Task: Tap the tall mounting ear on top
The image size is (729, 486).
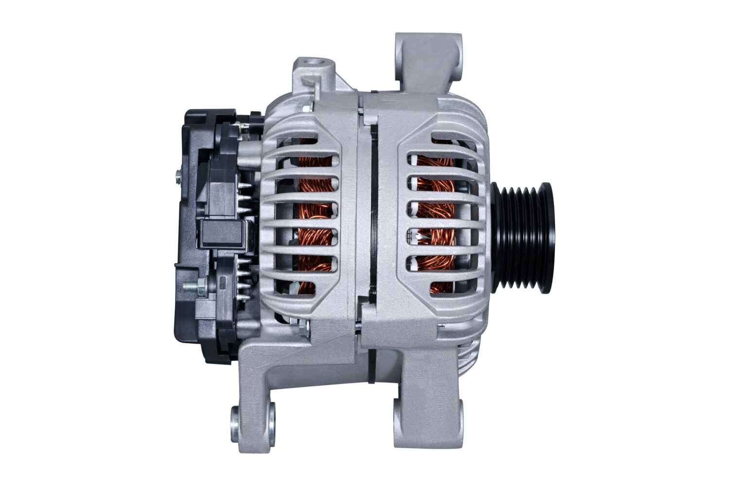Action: click(428, 61)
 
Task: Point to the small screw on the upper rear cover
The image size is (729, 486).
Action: click(178, 175)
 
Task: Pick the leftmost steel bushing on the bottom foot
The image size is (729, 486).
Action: click(235, 420)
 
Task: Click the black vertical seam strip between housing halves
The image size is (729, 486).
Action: click(373, 209)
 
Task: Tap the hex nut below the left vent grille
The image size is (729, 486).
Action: click(304, 328)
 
